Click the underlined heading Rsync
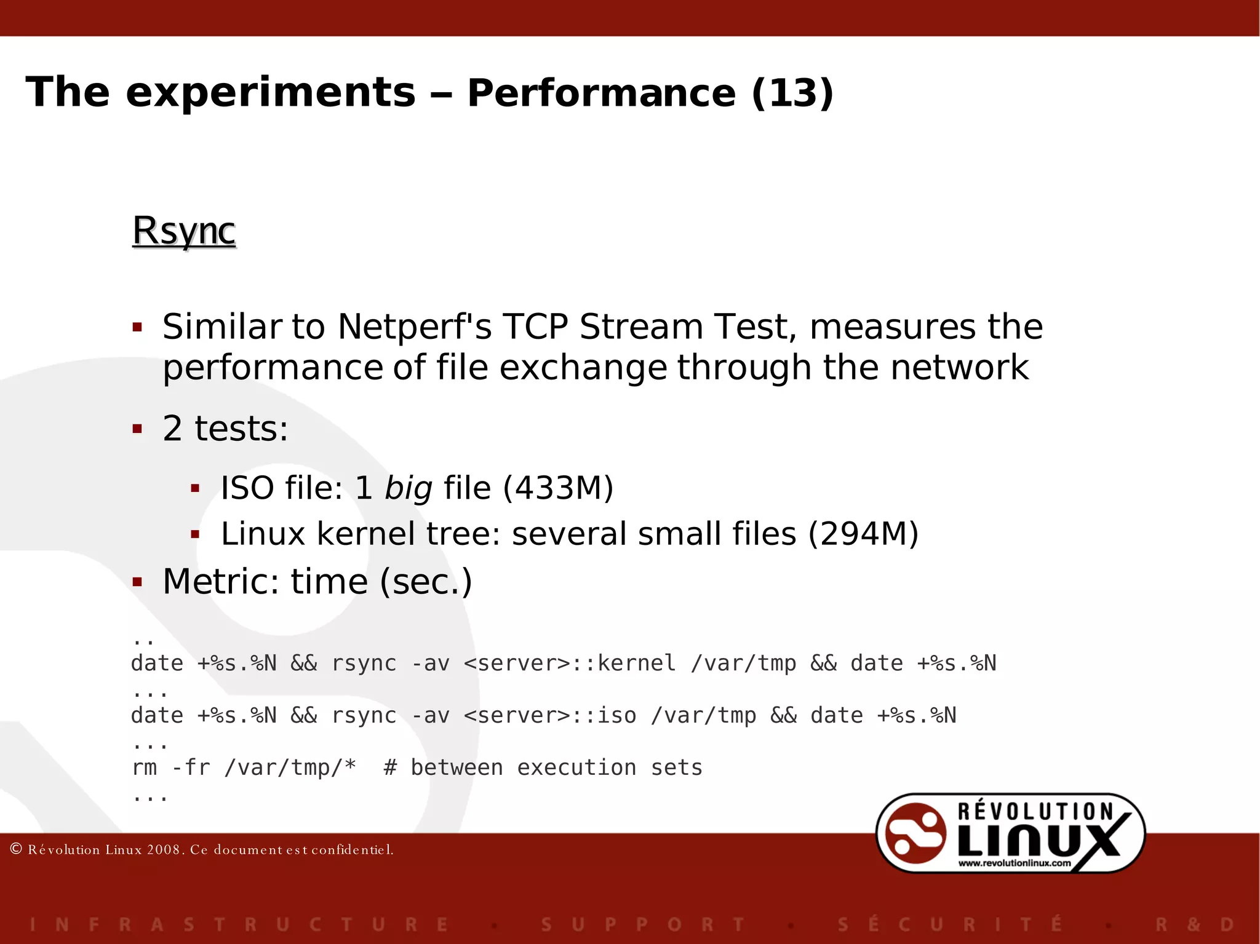(184, 231)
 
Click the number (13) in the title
(792, 93)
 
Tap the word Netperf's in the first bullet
(414, 327)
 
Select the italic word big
(408, 488)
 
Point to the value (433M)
(558, 488)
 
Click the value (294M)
(863, 534)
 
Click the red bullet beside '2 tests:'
(137, 429)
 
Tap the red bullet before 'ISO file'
(196, 489)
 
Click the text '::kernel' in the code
(624, 664)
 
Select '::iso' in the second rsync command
(604, 716)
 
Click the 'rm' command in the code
(144, 768)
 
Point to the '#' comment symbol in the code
(390, 768)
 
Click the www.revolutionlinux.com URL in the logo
(1015, 863)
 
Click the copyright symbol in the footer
(17, 849)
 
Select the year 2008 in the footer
(163, 850)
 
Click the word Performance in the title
(601, 93)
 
